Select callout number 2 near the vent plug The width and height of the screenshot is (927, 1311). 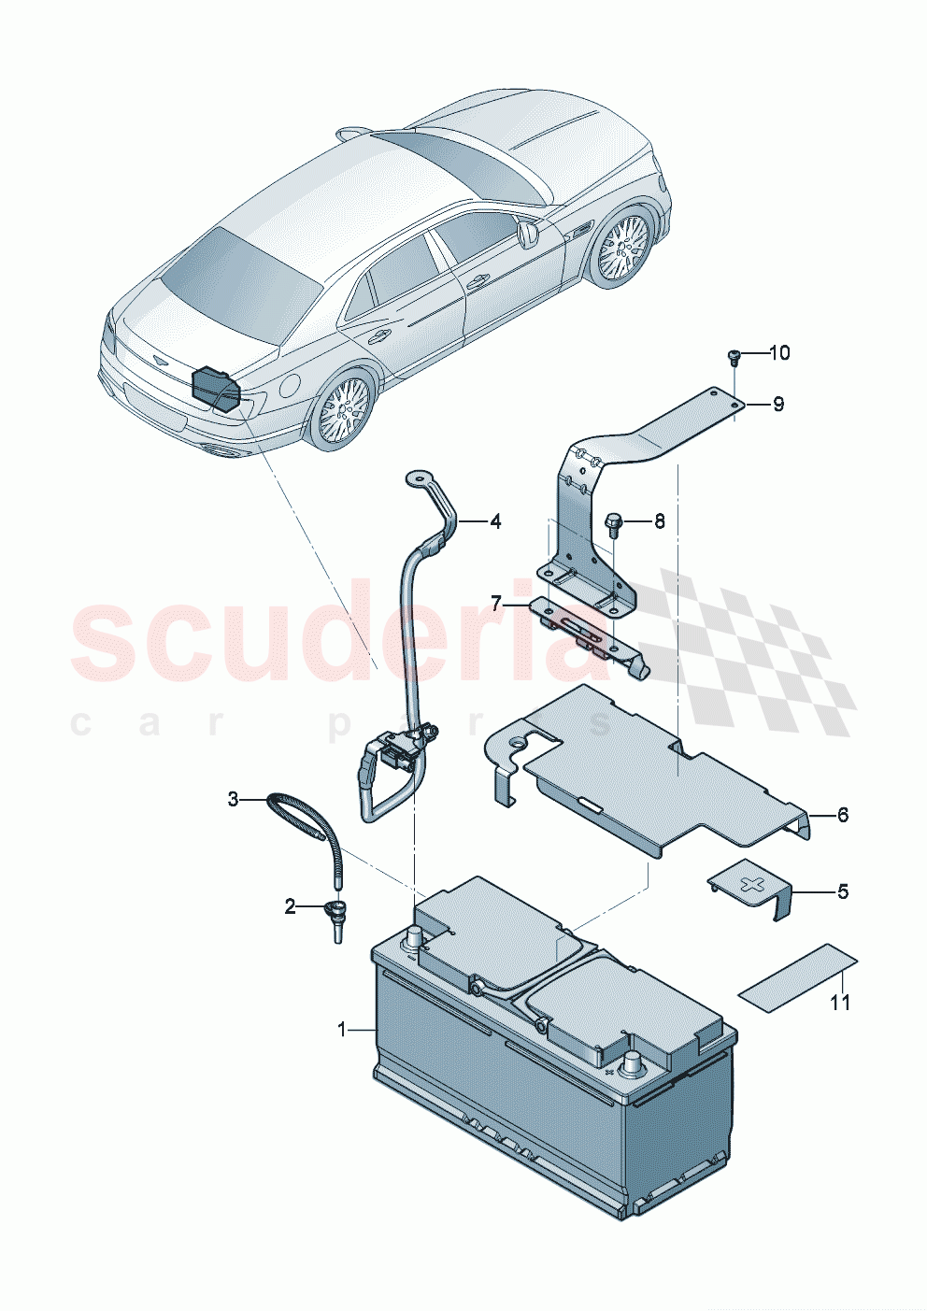291,905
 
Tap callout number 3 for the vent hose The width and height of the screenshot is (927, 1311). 234,799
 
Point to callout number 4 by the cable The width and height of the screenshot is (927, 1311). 495,521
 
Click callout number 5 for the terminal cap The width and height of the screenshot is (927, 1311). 843,891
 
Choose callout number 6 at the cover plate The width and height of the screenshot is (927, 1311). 843,815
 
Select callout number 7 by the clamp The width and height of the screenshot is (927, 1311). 497,604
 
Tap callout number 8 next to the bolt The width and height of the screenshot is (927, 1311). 660,521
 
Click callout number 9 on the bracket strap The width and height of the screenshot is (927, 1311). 777,404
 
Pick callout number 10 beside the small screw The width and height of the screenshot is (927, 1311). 779,352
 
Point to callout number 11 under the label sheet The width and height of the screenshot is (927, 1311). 841,1003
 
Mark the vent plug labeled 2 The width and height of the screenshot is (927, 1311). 335,919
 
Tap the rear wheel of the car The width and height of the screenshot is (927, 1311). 343,409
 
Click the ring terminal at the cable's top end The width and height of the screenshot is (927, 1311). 414,478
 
